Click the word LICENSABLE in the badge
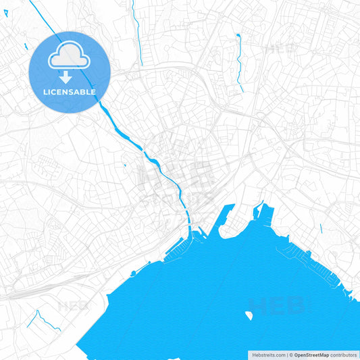pos(70,92)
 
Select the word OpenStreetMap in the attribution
pos(311,354)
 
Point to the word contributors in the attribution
pos(343,354)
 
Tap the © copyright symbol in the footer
pos(291,354)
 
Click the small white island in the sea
pos(249,315)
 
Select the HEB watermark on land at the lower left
pos(73,305)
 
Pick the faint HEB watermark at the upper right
pos(280,49)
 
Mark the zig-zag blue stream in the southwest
pos(42,319)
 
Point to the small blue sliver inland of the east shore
pos(321,228)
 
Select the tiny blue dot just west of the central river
pos(125,165)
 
